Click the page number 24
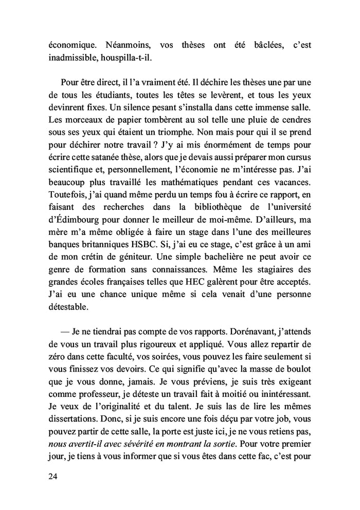pyautogui.click(x=51, y=476)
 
